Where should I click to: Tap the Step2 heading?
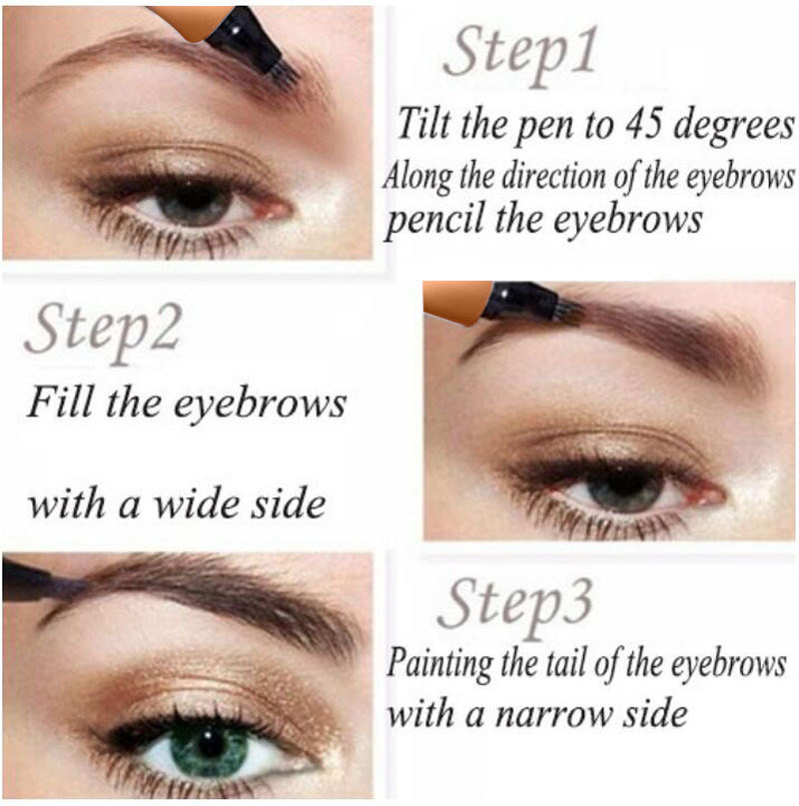(103, 332)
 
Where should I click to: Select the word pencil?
(436, 221)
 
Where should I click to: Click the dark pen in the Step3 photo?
(41, 582)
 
